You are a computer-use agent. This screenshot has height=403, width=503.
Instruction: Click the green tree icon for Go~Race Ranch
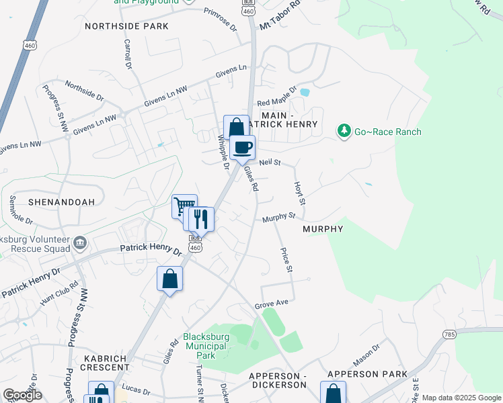pos(344,131)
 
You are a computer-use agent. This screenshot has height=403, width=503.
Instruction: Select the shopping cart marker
pos(184,206)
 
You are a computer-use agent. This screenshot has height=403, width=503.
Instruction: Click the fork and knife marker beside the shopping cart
pos(200,219)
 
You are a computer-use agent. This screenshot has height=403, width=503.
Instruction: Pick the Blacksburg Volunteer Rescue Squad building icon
pos(80,242)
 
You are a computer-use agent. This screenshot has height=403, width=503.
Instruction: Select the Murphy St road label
pos(279,216)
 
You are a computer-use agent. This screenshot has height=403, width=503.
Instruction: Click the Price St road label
pos(286,259)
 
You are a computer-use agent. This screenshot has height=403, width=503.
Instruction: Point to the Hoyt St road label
pos(300,193)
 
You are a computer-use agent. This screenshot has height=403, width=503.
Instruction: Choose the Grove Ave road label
pos(271,304)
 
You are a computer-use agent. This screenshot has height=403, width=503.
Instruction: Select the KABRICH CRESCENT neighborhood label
pos(105,363)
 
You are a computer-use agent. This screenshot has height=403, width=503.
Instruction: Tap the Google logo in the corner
pos(22,395)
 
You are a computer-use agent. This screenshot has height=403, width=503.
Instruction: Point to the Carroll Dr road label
pos(127,54)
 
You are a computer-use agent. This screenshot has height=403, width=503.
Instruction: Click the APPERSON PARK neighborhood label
pos(367,373)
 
